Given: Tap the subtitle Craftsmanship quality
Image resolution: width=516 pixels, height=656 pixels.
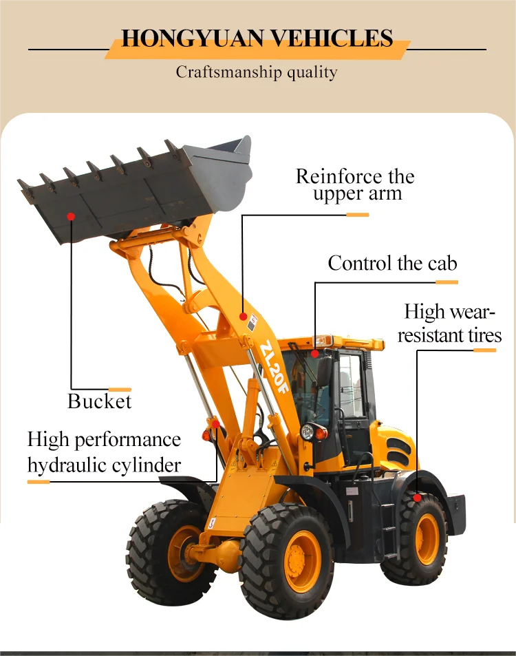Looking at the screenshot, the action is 257,72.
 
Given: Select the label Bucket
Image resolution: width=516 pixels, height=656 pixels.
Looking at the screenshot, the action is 99,401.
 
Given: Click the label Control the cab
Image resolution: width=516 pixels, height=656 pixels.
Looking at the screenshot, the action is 392,263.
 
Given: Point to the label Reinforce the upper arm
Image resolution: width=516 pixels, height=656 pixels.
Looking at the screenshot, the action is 355,184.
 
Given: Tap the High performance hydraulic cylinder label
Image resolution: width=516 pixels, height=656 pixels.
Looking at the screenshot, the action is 105,452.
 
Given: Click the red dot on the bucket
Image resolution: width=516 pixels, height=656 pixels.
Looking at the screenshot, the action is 70,216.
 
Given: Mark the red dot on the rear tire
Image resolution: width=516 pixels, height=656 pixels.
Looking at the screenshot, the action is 417,497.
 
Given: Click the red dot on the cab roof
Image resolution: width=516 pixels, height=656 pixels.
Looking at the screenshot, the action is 314,354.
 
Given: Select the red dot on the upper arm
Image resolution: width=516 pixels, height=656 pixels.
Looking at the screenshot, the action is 243,316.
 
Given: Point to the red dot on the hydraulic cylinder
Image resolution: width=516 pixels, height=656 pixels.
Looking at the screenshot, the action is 215,423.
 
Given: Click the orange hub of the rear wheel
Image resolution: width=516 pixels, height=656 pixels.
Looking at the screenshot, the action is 427,540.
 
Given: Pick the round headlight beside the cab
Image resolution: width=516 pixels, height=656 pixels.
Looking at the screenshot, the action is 308,432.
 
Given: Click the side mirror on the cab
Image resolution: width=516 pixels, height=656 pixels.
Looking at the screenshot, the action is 324,372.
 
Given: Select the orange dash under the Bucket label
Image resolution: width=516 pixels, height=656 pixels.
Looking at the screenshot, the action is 120,390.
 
